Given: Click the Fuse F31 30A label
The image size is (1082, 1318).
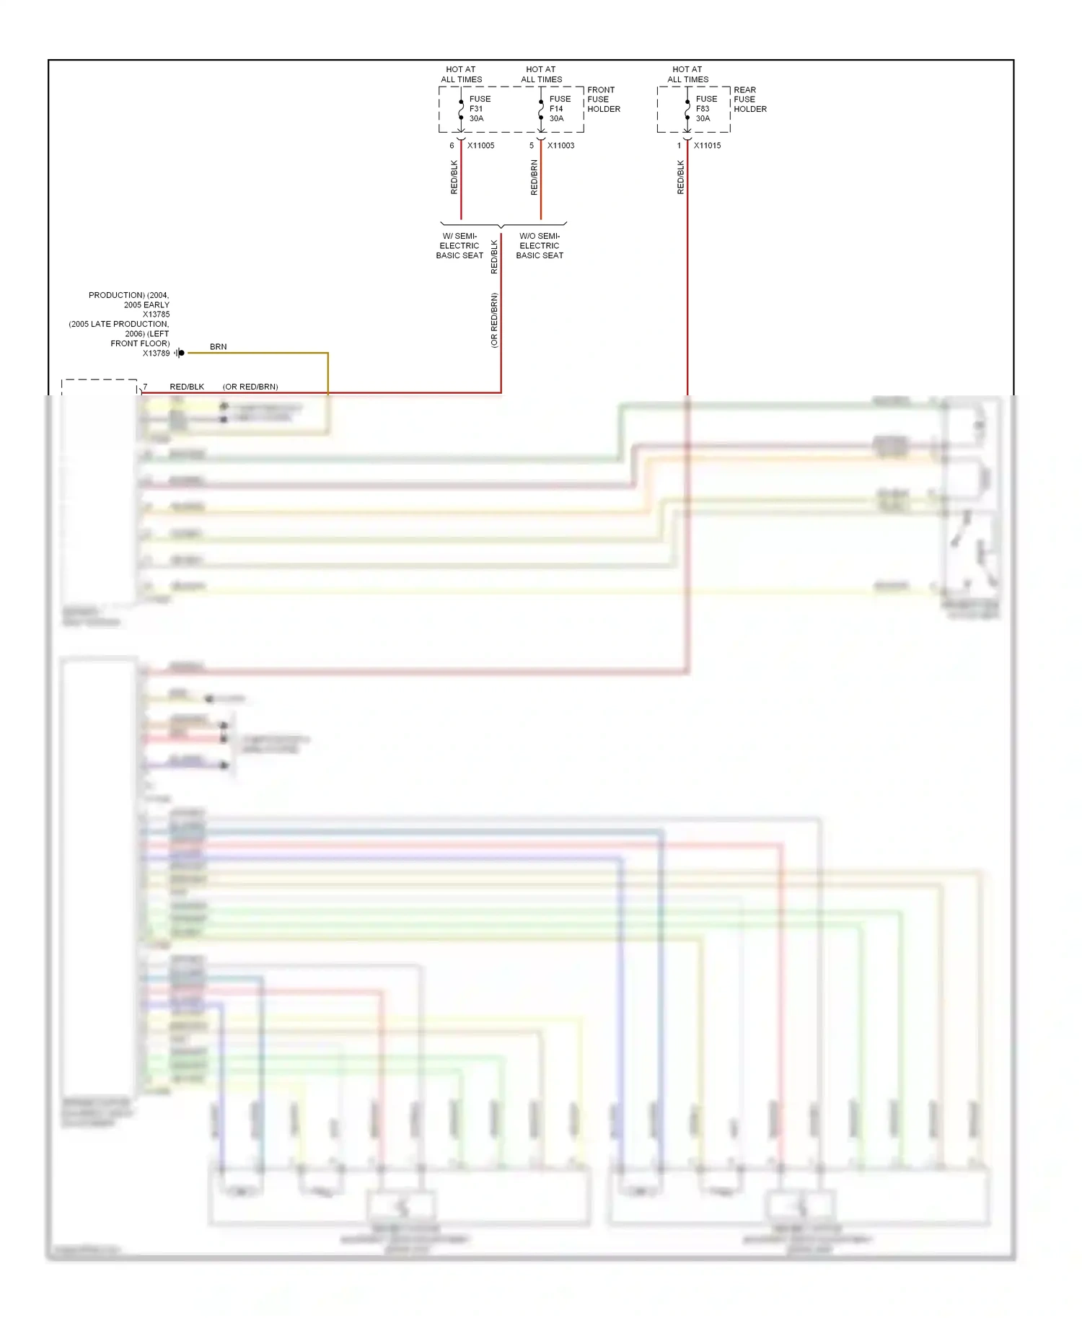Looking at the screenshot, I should (479, 109).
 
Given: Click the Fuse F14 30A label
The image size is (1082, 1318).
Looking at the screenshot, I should (559, 109).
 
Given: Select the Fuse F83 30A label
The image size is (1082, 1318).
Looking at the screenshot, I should (705, 109).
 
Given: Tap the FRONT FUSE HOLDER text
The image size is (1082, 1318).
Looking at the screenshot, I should (603, 100).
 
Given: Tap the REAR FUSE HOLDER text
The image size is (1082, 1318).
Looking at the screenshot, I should (749, 100).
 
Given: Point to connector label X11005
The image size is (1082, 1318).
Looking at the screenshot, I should (480, 146).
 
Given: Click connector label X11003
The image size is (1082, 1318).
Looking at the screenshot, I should (560, 146).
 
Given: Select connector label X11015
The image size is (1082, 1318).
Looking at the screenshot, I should (707, 146).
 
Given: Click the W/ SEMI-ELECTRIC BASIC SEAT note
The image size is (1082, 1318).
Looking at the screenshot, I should (459, 246).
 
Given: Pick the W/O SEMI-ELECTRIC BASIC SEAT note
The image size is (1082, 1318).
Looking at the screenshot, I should (540, 246).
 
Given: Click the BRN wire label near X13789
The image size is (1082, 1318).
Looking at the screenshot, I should (218, 347).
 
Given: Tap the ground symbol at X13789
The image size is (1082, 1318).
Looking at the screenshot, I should (180, 353).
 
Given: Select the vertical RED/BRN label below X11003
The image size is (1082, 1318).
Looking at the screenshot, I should (535, 177).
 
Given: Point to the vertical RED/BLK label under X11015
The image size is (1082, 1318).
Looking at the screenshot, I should (680, 177).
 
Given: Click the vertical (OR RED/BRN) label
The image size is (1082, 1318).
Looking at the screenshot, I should (494, 320).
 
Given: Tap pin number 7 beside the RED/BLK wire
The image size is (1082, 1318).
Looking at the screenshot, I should (145, 387).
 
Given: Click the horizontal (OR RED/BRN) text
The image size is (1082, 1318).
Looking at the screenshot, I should (250, 387).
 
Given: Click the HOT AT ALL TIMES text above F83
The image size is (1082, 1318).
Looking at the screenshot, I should (687, 74).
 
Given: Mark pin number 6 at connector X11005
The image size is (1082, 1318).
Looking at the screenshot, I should (452, 146).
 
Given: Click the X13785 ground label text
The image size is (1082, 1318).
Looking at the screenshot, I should (156, 315).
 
